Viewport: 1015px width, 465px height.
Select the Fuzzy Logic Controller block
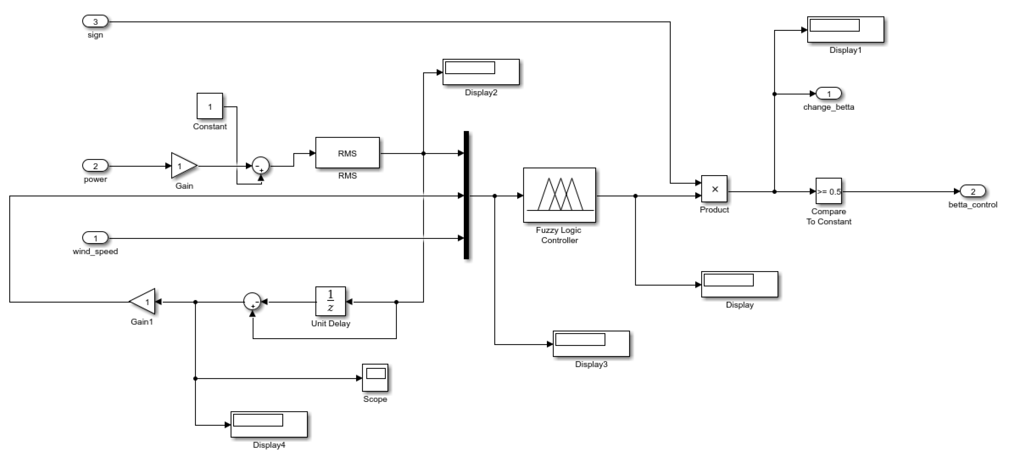point(559,195)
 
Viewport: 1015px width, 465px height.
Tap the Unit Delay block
point(330,301)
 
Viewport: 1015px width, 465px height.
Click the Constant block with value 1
point(210,106)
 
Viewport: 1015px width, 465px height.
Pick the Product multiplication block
point(714,189)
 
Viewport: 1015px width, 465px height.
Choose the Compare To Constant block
point(828,191)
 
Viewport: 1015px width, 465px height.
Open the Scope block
point(375,378)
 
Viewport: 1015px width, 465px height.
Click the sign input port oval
point(95,21)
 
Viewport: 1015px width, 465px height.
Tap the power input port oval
point(95,166)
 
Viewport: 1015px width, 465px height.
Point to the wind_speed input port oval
point(95,238)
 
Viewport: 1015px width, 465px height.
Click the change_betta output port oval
point(828,93)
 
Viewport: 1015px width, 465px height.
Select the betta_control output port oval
point(972,191)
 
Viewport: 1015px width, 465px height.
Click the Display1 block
point(845,29)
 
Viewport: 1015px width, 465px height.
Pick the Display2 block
point(481,72)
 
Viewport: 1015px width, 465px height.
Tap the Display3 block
point(591,343)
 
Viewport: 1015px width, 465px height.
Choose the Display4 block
point(269,424)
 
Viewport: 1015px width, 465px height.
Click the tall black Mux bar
point(466,195)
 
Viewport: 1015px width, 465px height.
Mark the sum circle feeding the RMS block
point(260,166)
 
